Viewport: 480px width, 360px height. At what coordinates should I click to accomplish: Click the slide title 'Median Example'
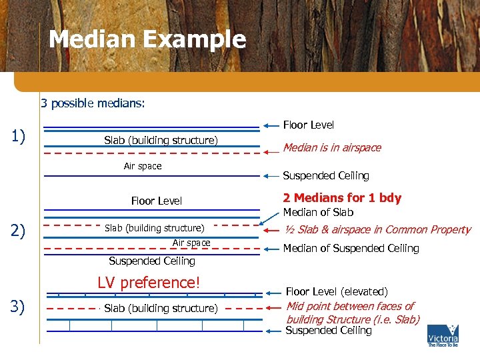pyautogui.click(x=147, y=40)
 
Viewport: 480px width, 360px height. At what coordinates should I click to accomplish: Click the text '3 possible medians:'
pyautogui.click(x=93, y=103)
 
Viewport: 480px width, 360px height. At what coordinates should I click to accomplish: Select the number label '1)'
pyautogui.click(x=19, y=137)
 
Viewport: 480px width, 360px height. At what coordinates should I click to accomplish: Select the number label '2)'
pyautogui.click(x=19, y=231)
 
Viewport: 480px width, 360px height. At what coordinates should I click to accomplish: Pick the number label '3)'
pyautogui.click(x=19, y=307)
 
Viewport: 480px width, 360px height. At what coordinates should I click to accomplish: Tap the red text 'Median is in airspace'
pyautogui.click(x=332, y=148)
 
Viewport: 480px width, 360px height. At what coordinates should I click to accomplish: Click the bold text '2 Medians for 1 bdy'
pyautogui.click(x=342, y=198)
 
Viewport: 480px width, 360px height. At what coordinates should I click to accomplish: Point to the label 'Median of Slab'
pyautogui.click(x=319, y=213)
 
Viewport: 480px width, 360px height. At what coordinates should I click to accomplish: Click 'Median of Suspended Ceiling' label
pyautogui.click(x=351, y=249)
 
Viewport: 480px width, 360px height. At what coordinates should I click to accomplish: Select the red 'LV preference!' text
pyautogui.click(x=148, y=283)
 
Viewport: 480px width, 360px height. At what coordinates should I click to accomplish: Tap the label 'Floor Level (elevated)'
pyautogui.click(x=337, y=292)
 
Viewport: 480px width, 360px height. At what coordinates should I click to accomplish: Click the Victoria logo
pyautogui.click(x=443, y=335)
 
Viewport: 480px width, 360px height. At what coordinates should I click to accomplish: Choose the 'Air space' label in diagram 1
pyautogui.click(x=143, y=166)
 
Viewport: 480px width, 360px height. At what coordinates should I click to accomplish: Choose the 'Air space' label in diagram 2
pyautogui.click(x=191, y=243)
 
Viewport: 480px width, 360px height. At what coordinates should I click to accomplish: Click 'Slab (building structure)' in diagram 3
pyautogui.click(x=161, y=309)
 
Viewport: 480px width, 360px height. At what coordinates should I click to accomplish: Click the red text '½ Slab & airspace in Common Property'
pyautogui.click(x=377, y=230)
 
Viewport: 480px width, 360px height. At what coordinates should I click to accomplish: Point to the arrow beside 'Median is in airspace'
pyautogui.click(x=271, y=152)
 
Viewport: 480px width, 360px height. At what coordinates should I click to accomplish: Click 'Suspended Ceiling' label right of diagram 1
pyautogui.click(x=326, y=176)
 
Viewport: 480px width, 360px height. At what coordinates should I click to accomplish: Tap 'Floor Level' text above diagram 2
pyautogui.click(x=157, y=201)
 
